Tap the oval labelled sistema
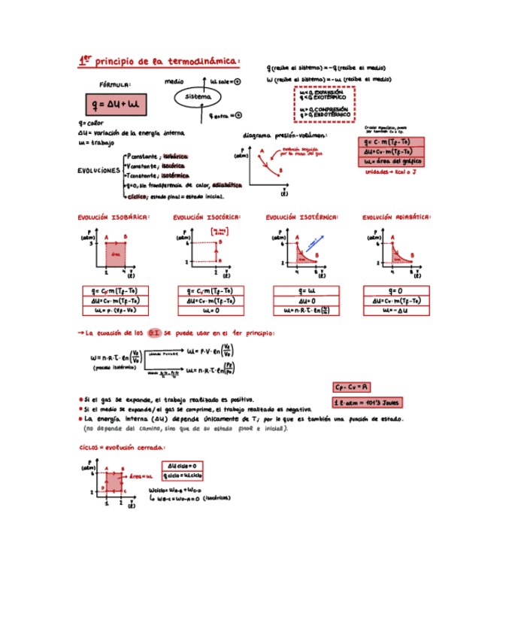[x=198, y=98]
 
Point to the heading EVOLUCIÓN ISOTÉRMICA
[x=301, y=217]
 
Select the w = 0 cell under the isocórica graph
[x=211, y=310]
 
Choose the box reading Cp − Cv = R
[x=350, y=386]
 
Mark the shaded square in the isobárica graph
[x=115, y=254]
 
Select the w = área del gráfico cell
[x=393, y=161]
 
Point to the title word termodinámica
[x=204, y=62]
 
